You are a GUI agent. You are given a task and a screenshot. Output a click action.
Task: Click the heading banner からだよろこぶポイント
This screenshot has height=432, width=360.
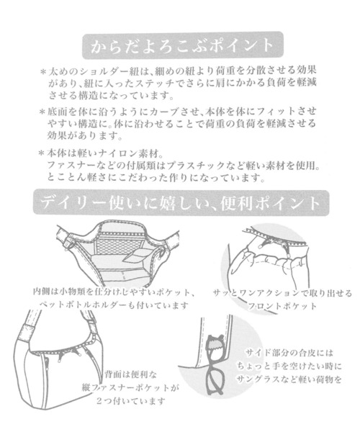click(180, 45)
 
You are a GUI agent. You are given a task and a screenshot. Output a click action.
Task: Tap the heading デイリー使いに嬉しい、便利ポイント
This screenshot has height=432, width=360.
click(180, 202)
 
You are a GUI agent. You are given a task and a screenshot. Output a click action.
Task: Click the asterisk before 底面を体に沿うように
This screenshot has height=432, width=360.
click(43, 113)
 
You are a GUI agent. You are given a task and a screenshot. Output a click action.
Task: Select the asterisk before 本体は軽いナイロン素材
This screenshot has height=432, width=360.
click(43, 153)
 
